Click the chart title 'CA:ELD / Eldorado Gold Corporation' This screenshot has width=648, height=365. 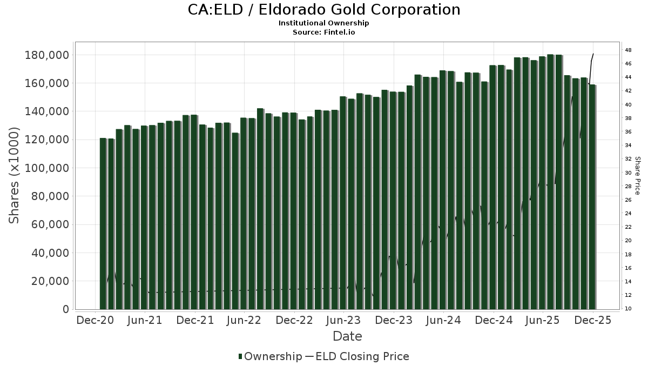(324, 10)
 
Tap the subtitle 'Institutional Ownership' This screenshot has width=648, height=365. (324, 23)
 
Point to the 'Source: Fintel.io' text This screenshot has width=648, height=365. (324, 32)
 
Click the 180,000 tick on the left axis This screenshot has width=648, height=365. (46, 55)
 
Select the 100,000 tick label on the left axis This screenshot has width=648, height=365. (46, 168)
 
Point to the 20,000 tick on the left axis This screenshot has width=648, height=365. (50, 281)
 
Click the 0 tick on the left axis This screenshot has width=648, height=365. (66, 309)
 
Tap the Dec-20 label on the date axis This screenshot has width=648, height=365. (95, 320)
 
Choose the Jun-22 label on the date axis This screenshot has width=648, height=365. (244, 320)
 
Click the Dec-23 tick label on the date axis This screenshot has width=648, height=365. (394, 320)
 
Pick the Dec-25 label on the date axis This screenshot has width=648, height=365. (593, 320)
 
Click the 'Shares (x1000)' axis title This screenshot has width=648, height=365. (15, 175)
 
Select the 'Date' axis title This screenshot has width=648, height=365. (347, 336)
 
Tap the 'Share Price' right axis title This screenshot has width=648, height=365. (637, 175)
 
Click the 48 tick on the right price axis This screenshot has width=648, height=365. (629, 50)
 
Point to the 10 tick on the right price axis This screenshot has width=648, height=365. (629, 309)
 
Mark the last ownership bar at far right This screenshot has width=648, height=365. (592, 197)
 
